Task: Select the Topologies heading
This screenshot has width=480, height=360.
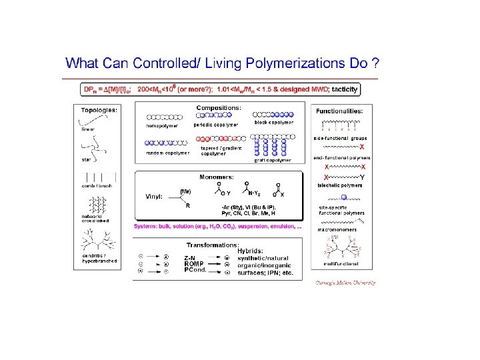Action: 100,110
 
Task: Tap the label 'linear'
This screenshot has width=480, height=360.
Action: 88,129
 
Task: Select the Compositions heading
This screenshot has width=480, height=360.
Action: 219,107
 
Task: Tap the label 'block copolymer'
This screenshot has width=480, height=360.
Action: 273,123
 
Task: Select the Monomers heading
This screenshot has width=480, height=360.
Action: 217,177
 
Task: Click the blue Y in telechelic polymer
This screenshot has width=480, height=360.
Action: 362,177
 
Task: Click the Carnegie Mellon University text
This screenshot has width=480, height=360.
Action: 345,283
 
